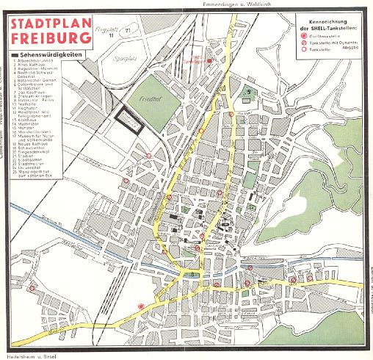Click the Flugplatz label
point(109,29)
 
